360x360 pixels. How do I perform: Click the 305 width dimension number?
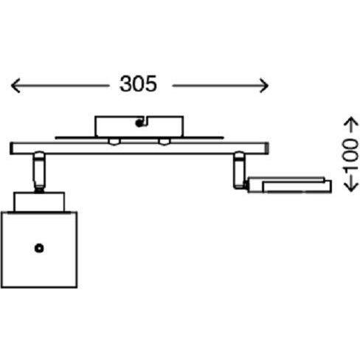coord(138,84)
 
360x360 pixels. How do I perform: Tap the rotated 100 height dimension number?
coord(351,154)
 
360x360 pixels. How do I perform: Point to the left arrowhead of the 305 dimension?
coord(15,86)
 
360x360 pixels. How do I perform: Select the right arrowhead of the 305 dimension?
coord(264,86)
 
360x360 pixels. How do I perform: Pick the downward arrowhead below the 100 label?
coord(351,187)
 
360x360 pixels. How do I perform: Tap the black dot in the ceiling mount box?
coord(139,123)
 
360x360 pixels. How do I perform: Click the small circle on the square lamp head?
coord(39,249)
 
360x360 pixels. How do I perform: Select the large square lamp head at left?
coord(39,249)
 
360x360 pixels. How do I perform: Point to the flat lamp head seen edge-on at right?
coord(290,185)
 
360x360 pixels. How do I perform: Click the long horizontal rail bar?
coord(139,148)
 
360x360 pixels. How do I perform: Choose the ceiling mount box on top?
coord(139,126)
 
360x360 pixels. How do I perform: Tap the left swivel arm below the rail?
coord(39,172)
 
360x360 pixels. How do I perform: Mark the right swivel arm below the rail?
coord(239,170)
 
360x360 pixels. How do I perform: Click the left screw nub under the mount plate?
coord(114,142)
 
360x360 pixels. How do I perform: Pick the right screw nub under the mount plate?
coord(164,142)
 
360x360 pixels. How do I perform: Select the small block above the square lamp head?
coord(39,201)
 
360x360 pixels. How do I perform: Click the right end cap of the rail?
coord(267,148)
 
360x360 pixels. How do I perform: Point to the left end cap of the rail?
coord(12,148)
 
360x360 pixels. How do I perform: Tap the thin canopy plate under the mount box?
coord(139,138)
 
